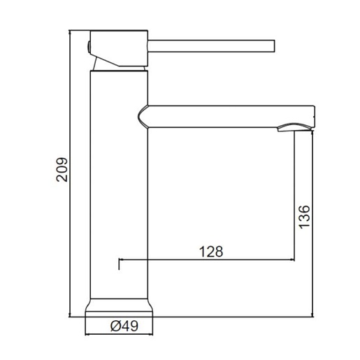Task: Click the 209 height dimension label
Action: pos(62,169)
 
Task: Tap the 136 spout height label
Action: pos(304,217)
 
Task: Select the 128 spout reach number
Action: pos(211,252)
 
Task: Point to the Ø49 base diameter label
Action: pos(124,326)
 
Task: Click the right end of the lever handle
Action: pos(274,46)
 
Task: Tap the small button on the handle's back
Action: pos(89,47)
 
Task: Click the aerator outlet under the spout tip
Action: pos(294,127)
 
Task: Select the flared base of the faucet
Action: pos(119,308)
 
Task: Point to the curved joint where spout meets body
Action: pos(143,117)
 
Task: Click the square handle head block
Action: pos(119,48)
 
